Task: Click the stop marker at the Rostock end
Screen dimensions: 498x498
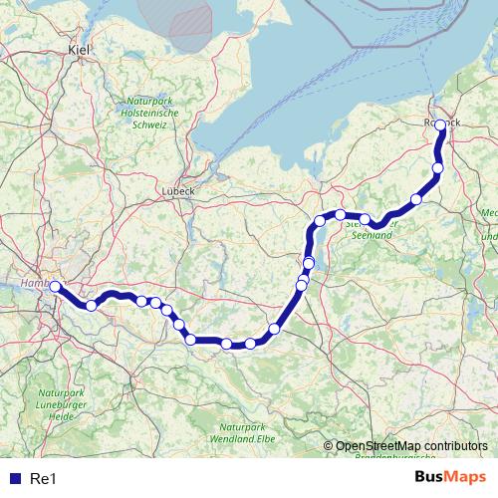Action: pyautogui.click(x=441, y=125)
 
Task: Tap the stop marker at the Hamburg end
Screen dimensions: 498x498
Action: pyautogui.click(x=55, y=287)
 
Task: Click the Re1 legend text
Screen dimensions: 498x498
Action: pyautogui.click(x=42, y=477)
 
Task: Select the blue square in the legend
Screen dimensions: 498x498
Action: pyautogui.click(x=13, y=477)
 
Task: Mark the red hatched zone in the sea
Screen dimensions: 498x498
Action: pyautogui.click(x=189, y=22)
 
